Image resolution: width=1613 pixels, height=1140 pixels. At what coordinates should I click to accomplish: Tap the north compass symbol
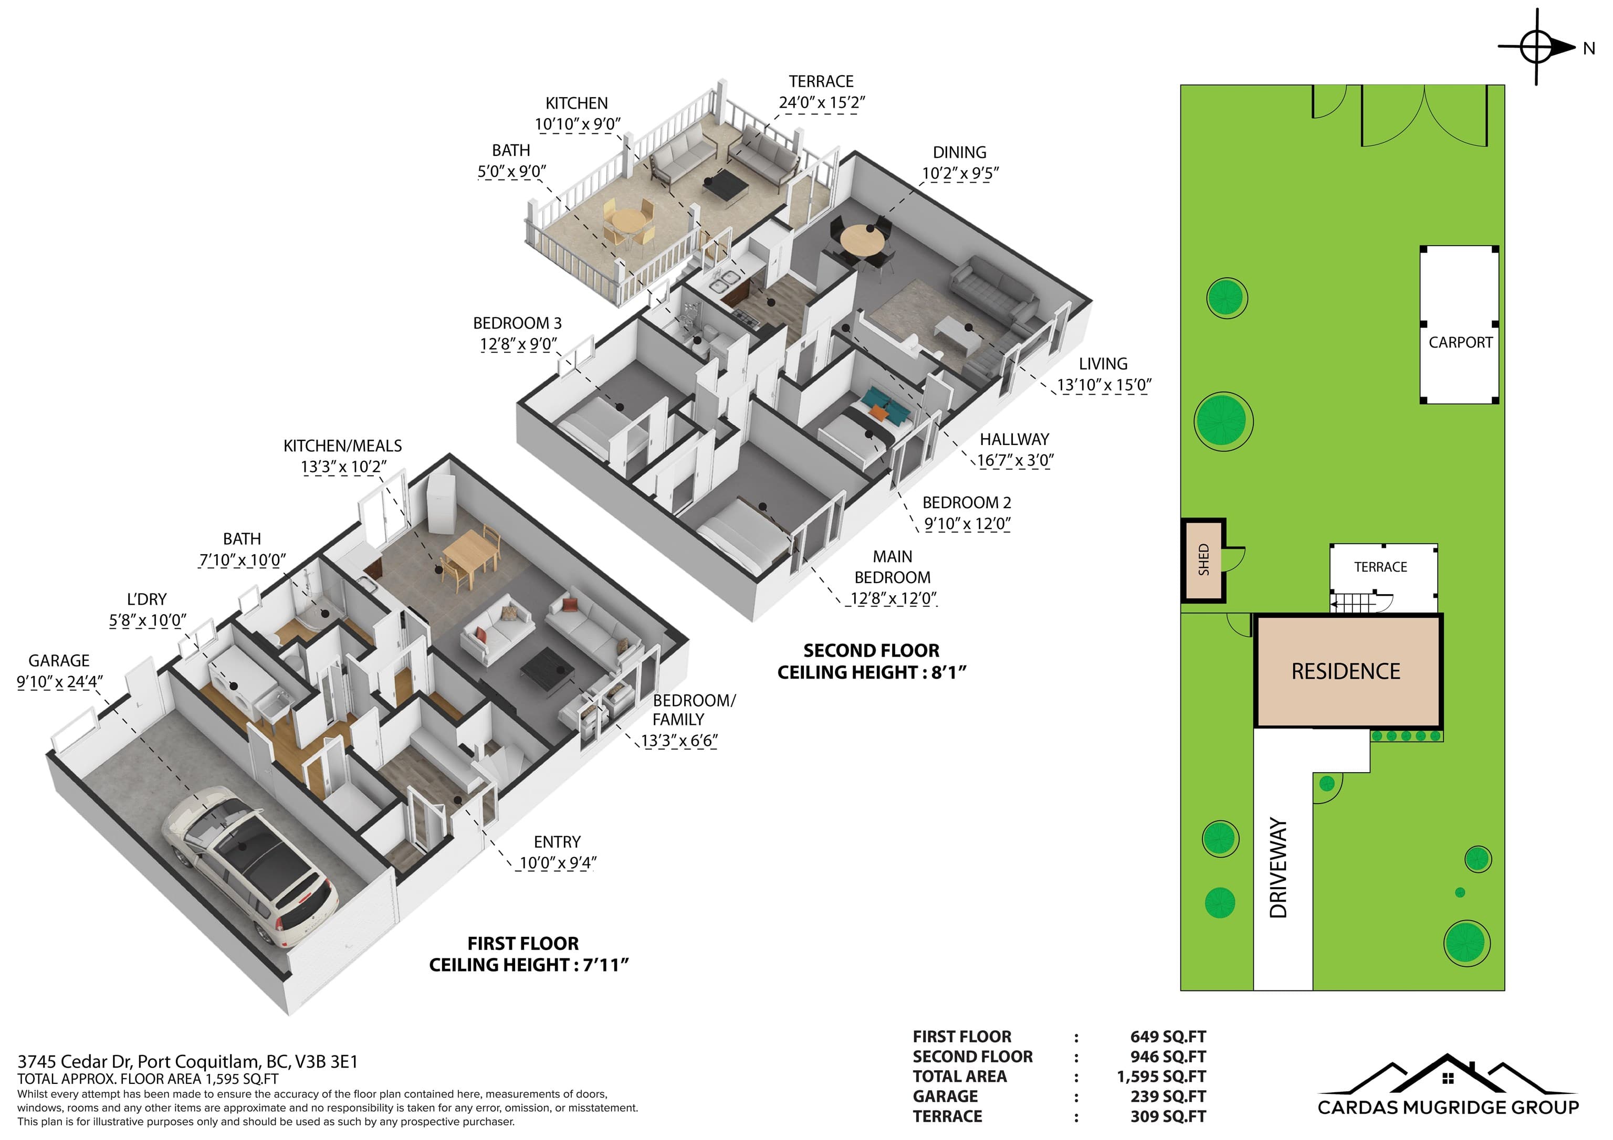(x=1537, y=48)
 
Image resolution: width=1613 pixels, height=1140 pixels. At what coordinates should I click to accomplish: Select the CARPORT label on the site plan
(x=1461, y=343)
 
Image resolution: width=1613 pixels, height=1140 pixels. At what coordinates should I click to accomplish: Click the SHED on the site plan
(x=1203, y=561)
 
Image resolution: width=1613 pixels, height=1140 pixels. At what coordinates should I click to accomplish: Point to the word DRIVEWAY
(x=1279, y=868)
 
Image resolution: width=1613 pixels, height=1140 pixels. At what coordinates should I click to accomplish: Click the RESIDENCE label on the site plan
(x=1345, y=671)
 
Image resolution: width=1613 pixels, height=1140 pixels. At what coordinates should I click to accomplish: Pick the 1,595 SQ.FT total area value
(x=1161, y=1077)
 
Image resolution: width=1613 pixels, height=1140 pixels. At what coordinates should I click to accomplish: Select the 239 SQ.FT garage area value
(x=1168, y=1096)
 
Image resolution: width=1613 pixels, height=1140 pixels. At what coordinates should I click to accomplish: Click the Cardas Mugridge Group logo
(x=1448, y=1085)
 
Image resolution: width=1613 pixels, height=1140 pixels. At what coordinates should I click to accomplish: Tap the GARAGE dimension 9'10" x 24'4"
(x=60, y=682)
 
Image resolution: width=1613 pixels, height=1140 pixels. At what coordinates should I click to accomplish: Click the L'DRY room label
(x=147, y=599)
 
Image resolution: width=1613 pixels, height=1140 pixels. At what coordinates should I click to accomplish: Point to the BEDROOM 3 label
(x=517, y=323)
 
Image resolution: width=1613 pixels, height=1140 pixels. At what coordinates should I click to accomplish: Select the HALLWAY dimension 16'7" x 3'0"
(x=1015, y=461)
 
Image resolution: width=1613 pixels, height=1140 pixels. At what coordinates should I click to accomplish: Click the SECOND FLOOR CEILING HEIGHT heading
(x=871, y=662)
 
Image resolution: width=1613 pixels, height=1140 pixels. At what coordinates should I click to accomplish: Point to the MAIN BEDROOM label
(x=892, y=567)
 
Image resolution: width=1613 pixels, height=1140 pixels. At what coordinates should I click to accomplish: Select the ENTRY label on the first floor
(x=557, y=842)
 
